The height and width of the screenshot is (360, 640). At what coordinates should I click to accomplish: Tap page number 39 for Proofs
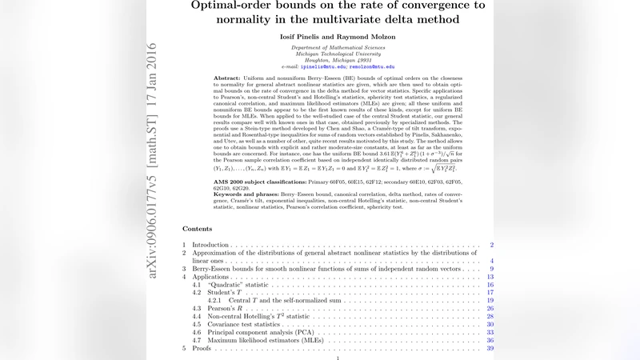coord(490,349)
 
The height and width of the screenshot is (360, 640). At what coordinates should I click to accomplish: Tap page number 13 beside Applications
coord(490,276)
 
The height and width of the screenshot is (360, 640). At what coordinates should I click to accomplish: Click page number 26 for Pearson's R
coord(490,308)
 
